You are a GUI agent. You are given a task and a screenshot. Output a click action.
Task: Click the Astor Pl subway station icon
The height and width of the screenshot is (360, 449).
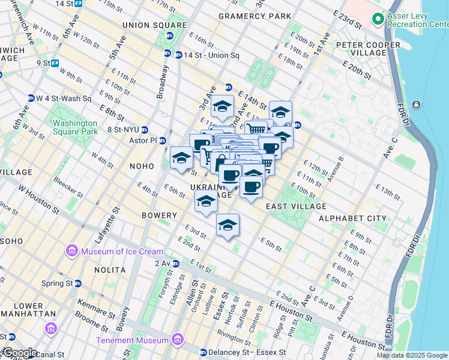161,140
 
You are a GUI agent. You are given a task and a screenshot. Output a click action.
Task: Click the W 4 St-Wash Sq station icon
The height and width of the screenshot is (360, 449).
31,98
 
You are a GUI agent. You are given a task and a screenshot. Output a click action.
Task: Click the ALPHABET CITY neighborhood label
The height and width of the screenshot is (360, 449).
352,218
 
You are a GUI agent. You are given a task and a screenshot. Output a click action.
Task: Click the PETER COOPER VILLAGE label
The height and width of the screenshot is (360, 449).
367,50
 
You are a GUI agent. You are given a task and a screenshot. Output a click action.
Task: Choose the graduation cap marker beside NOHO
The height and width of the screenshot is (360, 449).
181,158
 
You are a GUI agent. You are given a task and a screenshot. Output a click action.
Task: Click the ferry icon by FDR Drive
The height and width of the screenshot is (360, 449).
416,106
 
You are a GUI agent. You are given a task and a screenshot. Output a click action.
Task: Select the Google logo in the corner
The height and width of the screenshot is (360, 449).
19,353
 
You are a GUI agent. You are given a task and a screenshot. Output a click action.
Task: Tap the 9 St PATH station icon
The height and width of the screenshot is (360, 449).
55,62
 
